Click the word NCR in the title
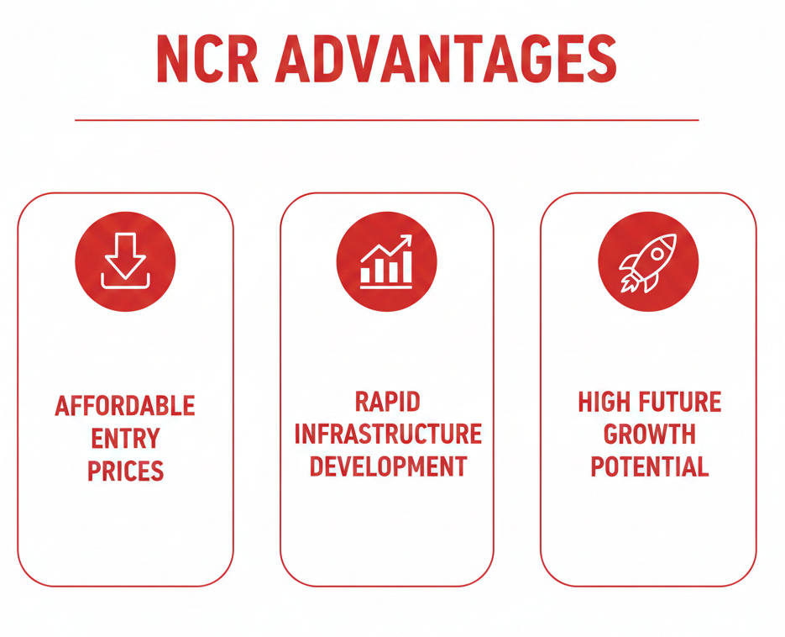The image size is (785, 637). (205, 60)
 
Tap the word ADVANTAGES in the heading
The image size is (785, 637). (445, 60)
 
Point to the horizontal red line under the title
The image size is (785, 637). (386, 120)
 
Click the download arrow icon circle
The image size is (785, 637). (125, 260)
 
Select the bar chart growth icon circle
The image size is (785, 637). (386, 260)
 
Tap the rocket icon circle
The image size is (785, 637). (647, 260)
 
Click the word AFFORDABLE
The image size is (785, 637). (125, 406)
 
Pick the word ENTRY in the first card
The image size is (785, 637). (125, 438)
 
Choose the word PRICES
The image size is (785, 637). (125, 470)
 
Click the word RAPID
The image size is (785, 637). (387, 402)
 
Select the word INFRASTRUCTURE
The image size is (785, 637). (387, 434)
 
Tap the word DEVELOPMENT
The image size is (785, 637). (387, 466)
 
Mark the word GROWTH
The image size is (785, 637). (649, 434)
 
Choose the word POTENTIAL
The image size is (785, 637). (649, 466)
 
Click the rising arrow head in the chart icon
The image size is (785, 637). (407, 240)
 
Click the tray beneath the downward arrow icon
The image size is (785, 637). (125, 282)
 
